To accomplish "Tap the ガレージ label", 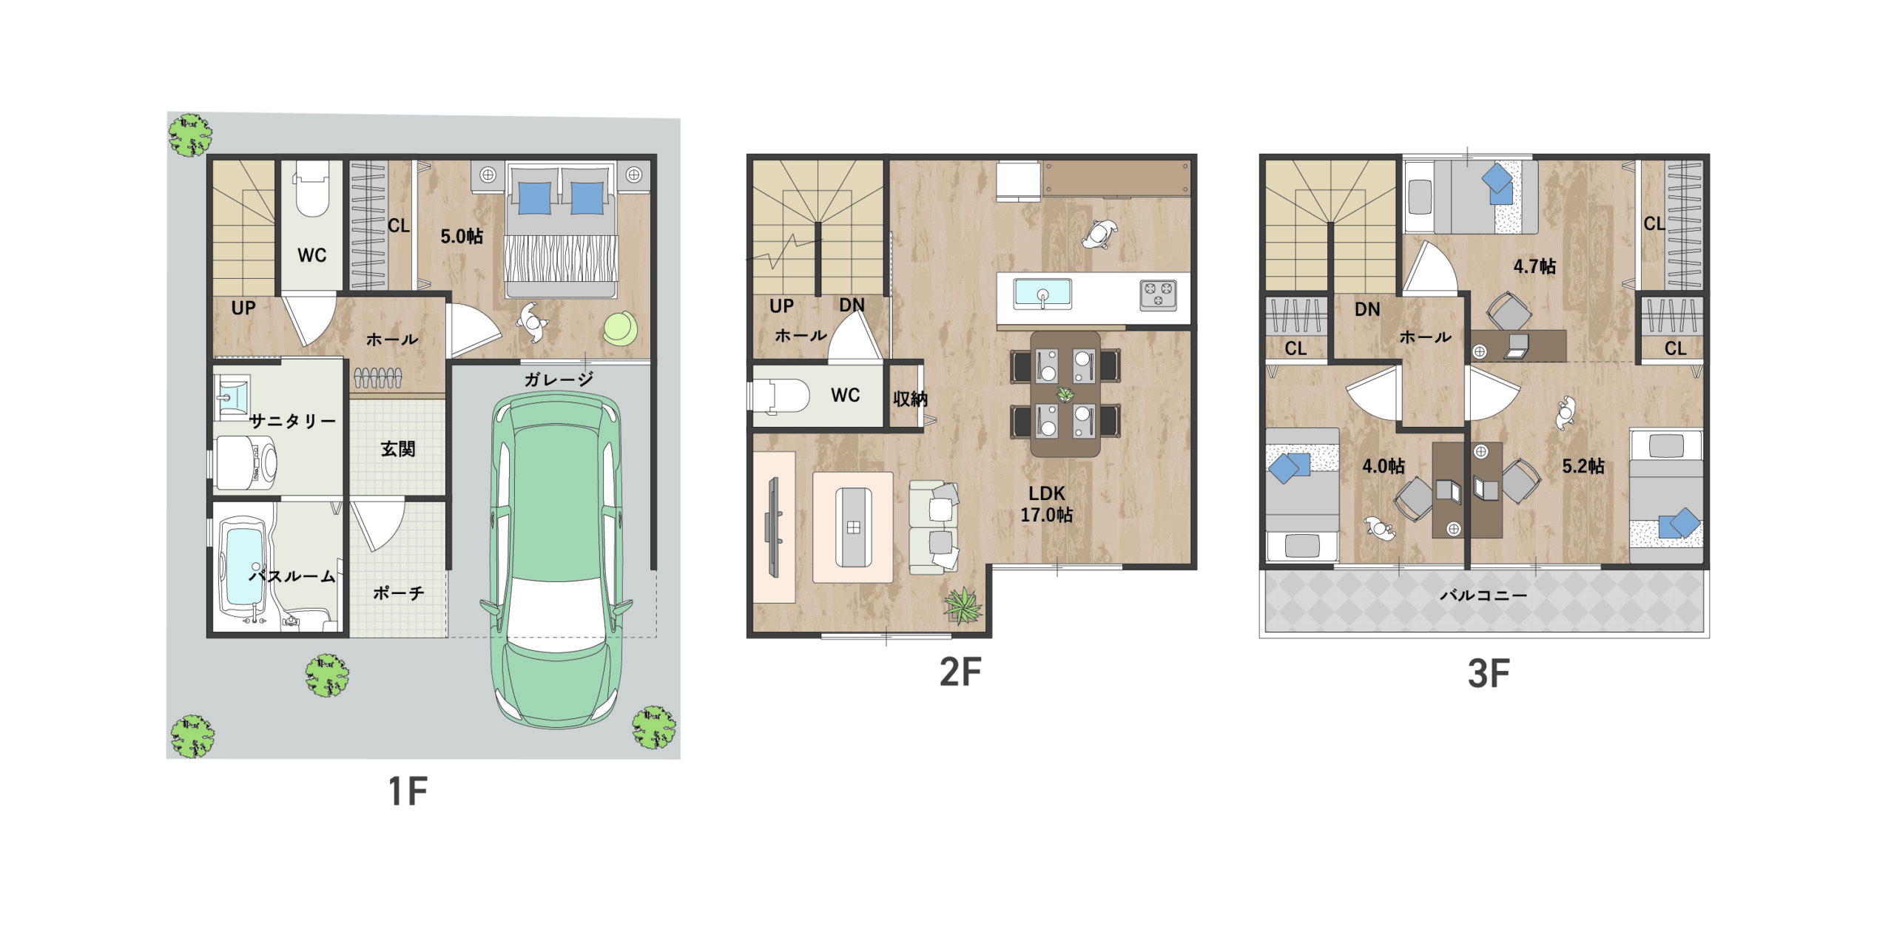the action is pyautogui.click(x=559, y=379).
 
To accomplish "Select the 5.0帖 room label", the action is pyautogui.click(x=462, y=236).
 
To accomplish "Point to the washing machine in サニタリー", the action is pyautogui.click(x=246, y=464).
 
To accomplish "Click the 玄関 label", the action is pyautogui.click(x=398, y=448).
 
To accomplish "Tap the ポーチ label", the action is pyautogui.click(x=398, y=592).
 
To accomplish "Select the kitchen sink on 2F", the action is pyautogui.click(x=1042, y=294).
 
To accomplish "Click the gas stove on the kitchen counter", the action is pyautogui.click(x=1158, y=294).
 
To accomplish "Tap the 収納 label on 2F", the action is pyautogui.click(x=909, y=399).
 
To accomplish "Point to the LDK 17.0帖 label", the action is pyautogui.click(x=1046, y=504).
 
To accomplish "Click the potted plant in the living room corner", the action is pyautogui.click(x=963, y=605).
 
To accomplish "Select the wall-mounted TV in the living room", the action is pyautogui.click(x=774, y=527).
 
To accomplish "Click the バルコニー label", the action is pyautogui.click(x=1483, y=595).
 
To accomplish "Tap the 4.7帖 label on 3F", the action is pyautogui.click(x=1534, y=266).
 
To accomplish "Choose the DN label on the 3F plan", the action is pyautogui.click(x=1367, y=309).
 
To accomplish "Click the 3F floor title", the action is pyautogui.click(x=1488, y=674).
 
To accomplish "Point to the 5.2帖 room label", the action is pyautogui.click(x=1583, y=466).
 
